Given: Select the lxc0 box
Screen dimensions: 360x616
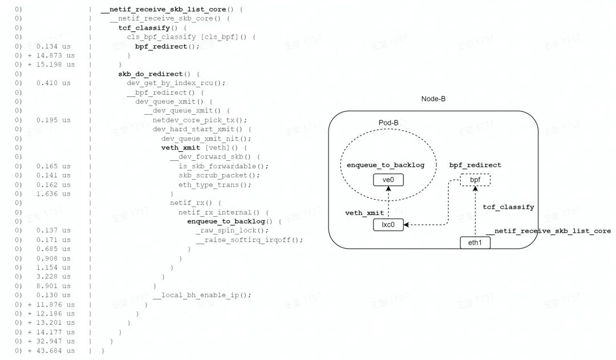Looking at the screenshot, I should [x=388, y=225].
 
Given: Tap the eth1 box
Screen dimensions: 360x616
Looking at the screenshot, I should [x=475, y=242].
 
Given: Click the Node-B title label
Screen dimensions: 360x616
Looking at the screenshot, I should [x=433, y=99].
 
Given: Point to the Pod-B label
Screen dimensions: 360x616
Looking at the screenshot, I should [x=388, y=123].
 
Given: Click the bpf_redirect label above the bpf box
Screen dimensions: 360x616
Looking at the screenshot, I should [x=475, y=165].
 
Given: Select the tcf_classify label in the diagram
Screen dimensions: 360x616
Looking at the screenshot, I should [x=508, y=207].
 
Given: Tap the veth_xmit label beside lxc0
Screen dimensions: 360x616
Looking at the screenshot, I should [x=364, y=212].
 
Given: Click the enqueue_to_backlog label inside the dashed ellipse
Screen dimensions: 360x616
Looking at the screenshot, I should [x=386, y=165].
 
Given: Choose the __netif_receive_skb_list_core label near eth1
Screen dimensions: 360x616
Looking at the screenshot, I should [x=548, y=231].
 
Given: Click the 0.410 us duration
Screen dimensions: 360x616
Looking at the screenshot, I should [x=53, y=83].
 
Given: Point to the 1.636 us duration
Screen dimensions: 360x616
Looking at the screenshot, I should [x=53, y=193].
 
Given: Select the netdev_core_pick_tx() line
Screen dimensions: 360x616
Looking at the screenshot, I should [x=200, y=120].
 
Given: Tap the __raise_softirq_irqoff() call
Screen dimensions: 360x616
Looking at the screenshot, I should [x=249, y=240].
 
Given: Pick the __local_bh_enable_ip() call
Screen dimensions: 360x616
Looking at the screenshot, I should [x=202, y=295].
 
